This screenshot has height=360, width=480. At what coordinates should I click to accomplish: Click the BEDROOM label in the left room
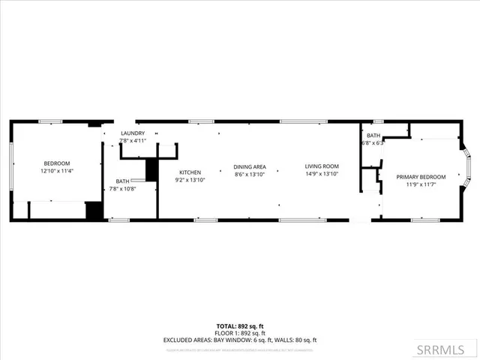pos(56,163)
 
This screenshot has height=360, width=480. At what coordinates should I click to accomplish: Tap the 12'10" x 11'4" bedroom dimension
pos(56,171)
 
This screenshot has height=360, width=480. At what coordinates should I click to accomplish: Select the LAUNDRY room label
pos(133,133)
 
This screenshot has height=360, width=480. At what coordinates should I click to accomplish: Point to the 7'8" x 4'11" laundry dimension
pos(133,141)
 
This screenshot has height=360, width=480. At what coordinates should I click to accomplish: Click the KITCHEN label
pos(190,172)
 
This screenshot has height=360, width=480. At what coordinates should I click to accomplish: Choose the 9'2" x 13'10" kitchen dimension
pos(190,180)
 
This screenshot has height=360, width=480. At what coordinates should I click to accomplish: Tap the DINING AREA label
pos(250,166)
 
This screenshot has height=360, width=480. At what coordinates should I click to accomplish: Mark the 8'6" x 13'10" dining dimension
pos(250,174)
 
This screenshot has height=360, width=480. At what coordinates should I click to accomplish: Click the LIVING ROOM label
pos(322,166)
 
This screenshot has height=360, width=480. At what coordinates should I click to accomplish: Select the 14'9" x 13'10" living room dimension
pos(322,174)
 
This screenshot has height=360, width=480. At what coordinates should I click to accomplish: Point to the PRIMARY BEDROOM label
pos(421,177)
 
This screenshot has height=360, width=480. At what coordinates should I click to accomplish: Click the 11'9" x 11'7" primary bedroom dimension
pos(421,184)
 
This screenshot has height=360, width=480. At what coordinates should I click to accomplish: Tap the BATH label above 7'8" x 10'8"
pos(122,181)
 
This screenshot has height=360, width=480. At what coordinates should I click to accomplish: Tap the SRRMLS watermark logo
pos(451,350)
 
